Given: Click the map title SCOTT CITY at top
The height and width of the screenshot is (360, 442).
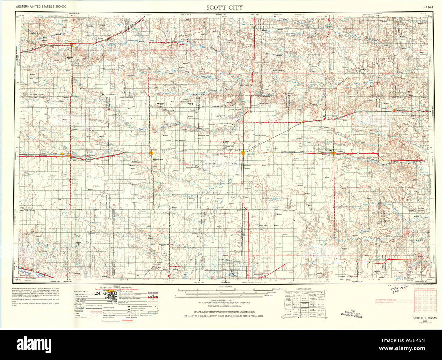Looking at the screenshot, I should coord(224,7).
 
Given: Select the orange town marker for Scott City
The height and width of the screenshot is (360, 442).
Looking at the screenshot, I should coord(243,153).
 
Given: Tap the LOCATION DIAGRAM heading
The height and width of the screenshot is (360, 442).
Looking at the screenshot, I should coord(304,288).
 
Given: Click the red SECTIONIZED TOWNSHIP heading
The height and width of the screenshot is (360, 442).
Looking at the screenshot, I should coord(424,288).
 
